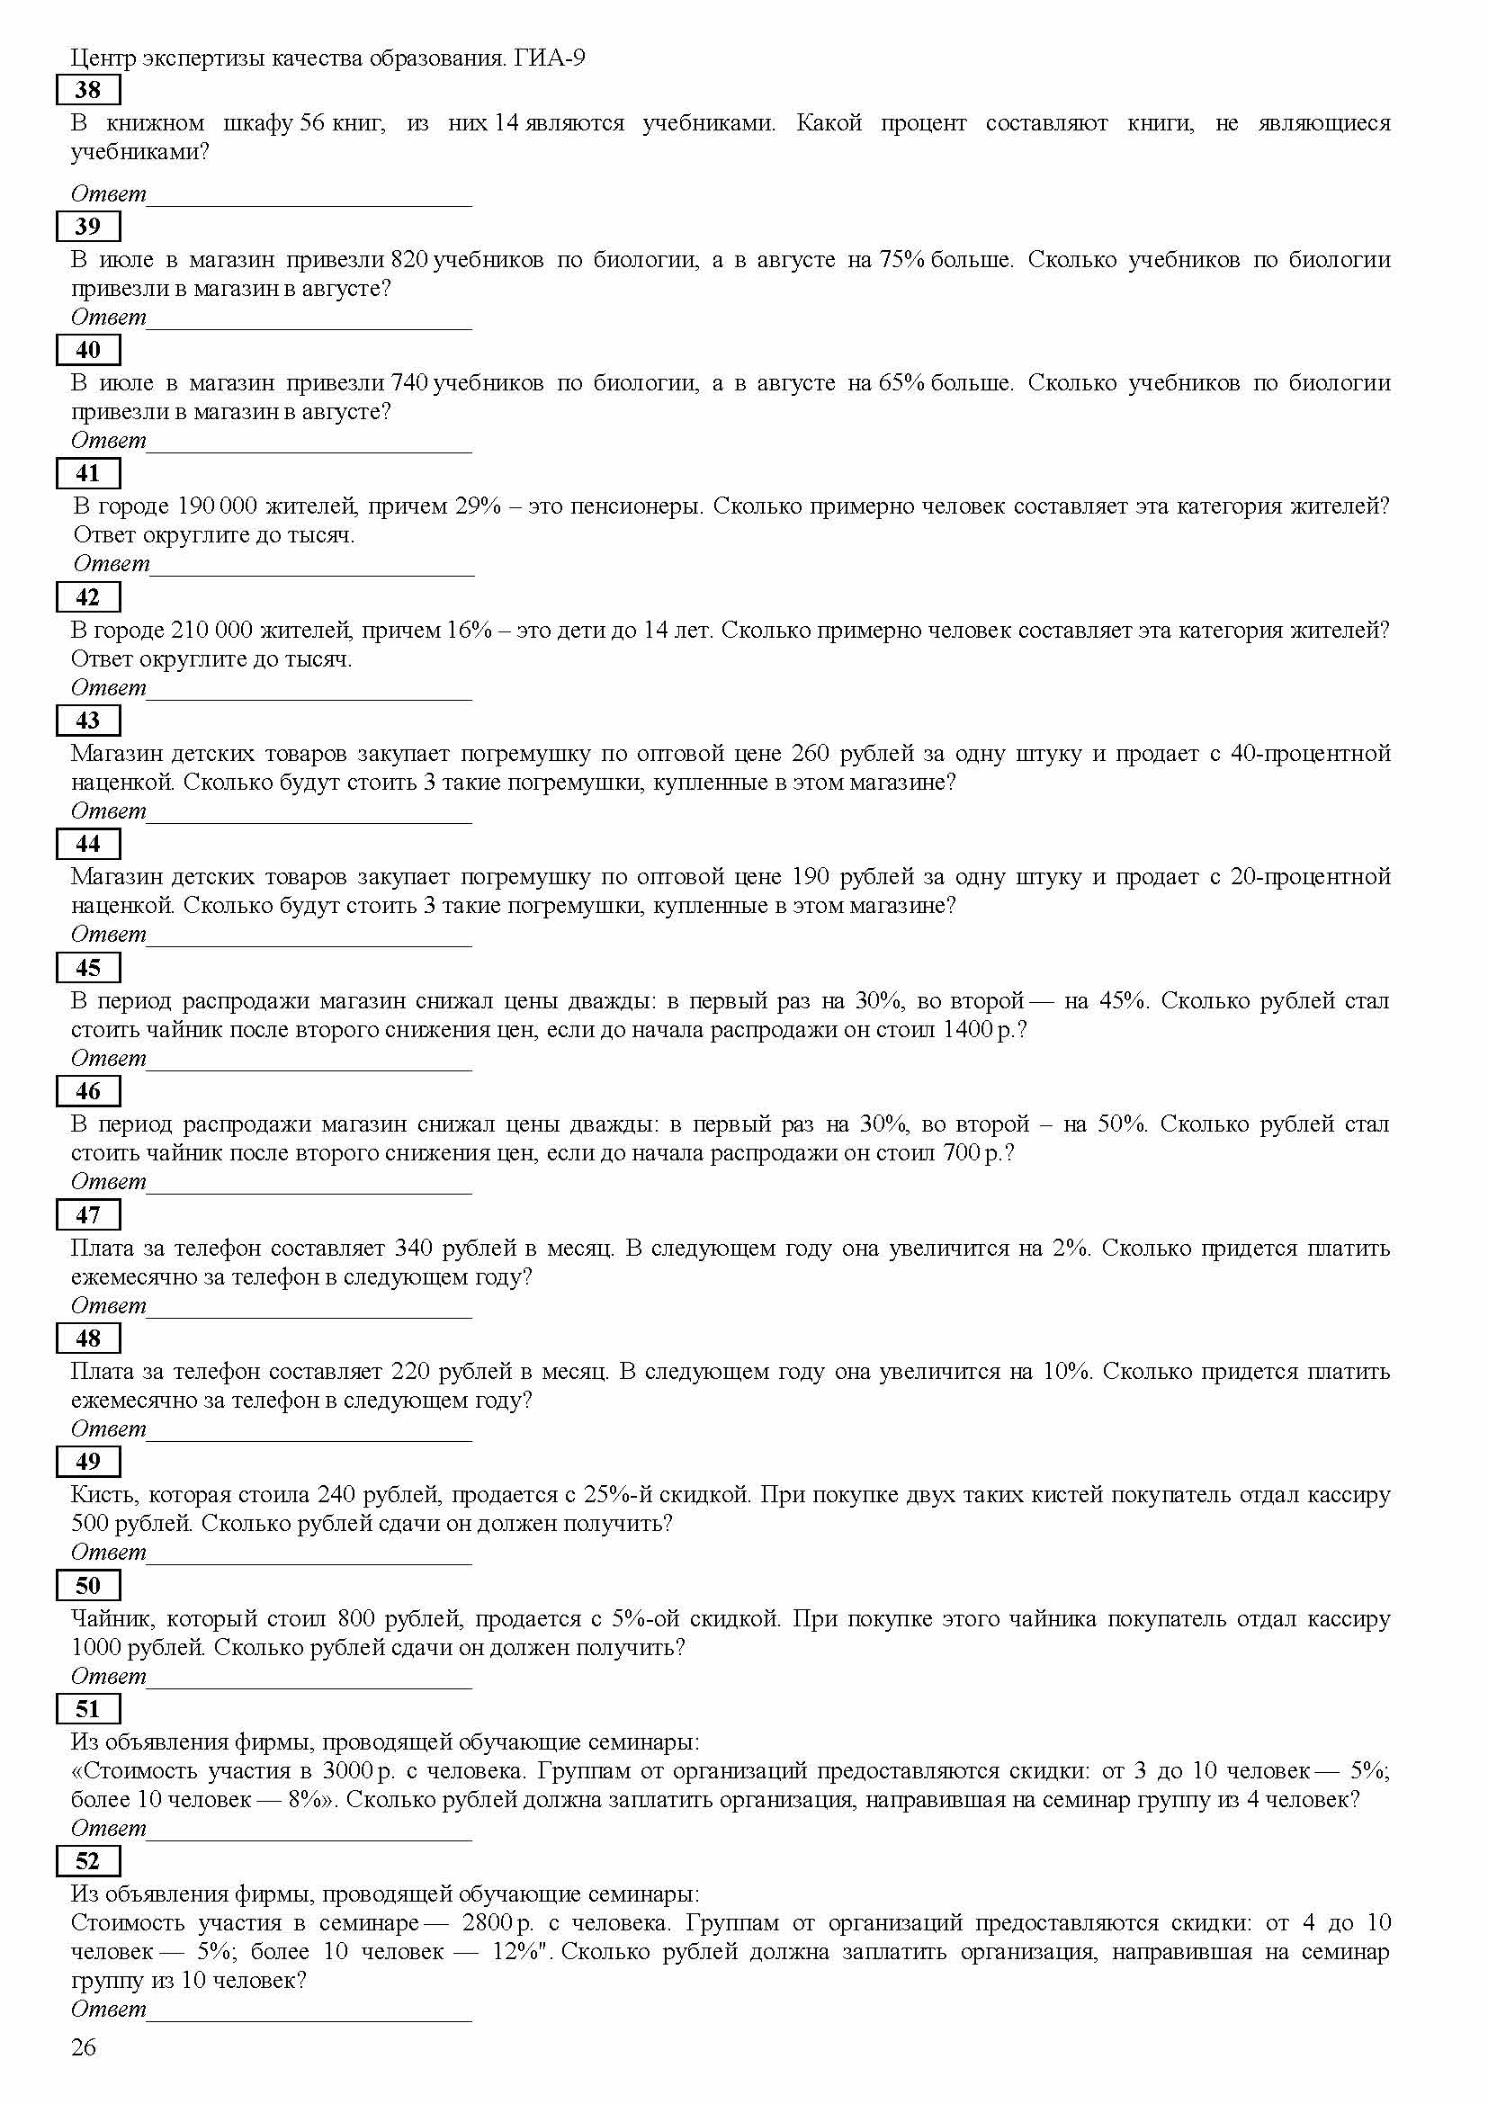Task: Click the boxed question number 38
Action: pos(88,90)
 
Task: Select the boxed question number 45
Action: pos(88,968)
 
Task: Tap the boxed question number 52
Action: pos(88,1860)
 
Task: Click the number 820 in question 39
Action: pos(409,259)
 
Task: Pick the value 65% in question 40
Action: pos(901,383)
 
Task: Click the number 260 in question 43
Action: pos(810,753)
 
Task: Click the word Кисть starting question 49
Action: pos(101,1495)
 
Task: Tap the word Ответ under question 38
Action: pos(108,193)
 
